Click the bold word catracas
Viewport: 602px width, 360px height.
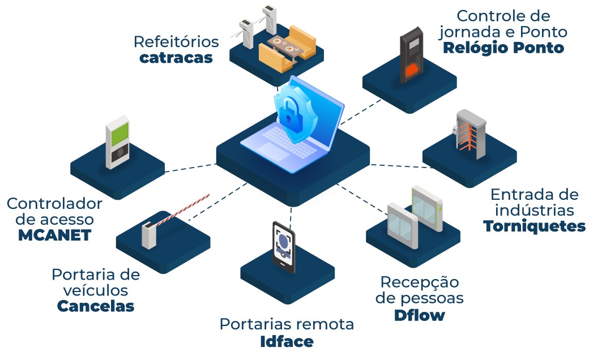pos(176,58)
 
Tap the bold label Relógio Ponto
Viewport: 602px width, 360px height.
pos(503,48)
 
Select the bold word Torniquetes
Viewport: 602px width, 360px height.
pos(534,226)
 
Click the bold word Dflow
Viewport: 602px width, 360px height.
pos(419,315)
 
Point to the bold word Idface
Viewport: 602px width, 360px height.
pos(286,341)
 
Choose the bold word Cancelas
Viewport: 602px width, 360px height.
pos(95,306)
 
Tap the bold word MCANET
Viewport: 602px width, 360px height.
pos(54,235)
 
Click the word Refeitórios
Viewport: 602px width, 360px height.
pos(176,42)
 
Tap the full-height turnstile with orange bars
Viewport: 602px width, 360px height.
pos(469,136)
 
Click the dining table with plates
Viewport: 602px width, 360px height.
pos(284,43)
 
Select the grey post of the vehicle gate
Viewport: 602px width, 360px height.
pos(149,234)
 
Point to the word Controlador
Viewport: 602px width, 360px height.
pos(54,204)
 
